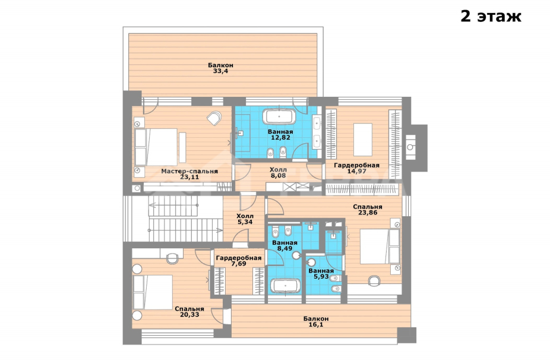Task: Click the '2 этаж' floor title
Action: click(491, 16)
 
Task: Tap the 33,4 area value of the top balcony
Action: click(220, 71)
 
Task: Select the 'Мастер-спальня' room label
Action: click(189, 172)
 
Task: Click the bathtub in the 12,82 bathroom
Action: click(279, 116)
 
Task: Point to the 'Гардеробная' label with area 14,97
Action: click(357, 165)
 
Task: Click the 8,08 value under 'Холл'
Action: click(278, 175)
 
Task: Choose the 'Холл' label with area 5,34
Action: click(245, 216)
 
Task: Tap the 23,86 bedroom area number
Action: click(368, 213)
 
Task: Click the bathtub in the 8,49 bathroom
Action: click(285, 286)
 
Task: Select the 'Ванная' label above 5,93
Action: click(321, 271)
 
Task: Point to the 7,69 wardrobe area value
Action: click(239, 264)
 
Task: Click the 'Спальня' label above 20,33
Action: click(189, 309)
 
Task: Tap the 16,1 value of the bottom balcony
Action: click(316, 325)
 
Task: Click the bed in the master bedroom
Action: click(156, 147)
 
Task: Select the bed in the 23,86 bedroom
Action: click(380, 247)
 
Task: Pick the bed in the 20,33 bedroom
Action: click(153, 292)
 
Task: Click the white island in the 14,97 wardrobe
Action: click(363, 139)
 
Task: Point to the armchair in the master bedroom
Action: click(214, 118)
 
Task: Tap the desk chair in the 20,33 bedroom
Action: click(172, 258)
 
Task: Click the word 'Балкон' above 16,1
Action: click(316, 319)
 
